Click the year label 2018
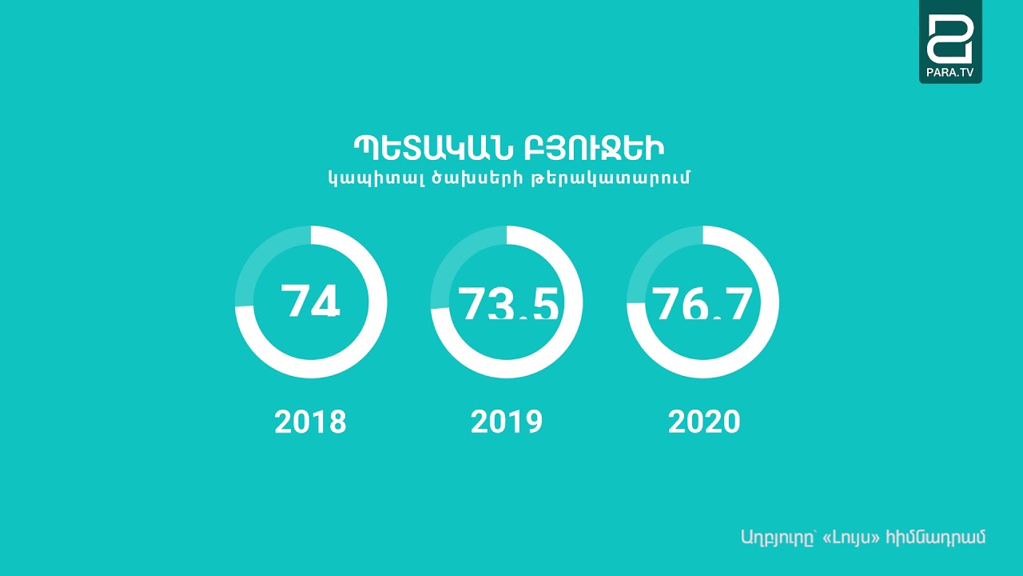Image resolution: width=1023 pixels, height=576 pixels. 310,422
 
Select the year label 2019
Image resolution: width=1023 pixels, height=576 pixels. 507,422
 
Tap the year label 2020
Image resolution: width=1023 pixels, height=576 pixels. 704,422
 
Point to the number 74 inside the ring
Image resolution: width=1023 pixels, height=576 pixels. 311,302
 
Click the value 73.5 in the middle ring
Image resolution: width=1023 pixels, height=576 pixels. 508,303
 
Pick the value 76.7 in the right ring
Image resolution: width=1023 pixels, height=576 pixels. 703,303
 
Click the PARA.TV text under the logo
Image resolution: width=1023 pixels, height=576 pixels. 950,72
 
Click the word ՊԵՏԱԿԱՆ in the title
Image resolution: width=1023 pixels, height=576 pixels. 422,149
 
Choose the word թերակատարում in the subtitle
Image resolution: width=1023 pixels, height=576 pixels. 610,178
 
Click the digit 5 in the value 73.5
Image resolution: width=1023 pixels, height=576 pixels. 543,303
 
